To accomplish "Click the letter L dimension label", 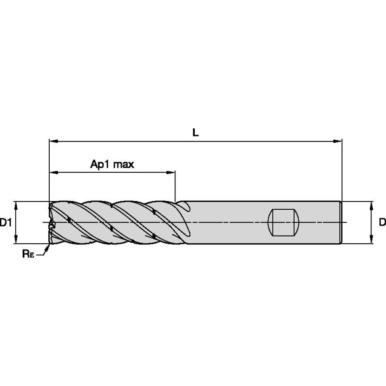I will tap(195, 132).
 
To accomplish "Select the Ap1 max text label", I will tap(112, 164).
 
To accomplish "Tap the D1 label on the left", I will tap(5, 222).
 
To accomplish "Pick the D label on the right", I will tap(382, 222).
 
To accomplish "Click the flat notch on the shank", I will tap(283, 222).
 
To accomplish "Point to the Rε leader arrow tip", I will tap(49, 245).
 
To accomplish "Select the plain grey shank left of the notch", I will tap(226, 222).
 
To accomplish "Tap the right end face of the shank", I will tap(340, 222).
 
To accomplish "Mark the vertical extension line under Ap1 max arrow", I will tap(175, 188).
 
